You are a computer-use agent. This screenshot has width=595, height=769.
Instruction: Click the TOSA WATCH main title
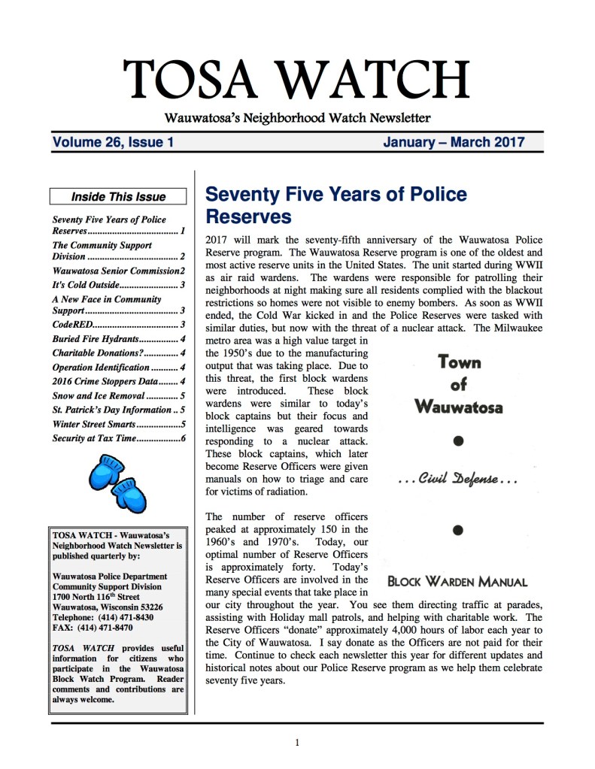pos(297,79)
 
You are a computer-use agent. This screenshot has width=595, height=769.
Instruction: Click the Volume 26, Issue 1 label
pos(113,141)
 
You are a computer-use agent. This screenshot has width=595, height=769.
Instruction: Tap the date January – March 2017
pos(454,141)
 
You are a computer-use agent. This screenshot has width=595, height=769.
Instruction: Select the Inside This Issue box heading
pos(118,197)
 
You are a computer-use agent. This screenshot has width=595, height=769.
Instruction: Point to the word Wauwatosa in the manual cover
pos(458,408)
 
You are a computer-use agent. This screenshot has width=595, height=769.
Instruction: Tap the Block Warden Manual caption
pos(457,581)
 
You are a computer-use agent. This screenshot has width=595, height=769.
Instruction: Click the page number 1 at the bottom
pos(298,743)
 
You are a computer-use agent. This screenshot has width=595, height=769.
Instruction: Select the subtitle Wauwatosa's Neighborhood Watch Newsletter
pos(297,117)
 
